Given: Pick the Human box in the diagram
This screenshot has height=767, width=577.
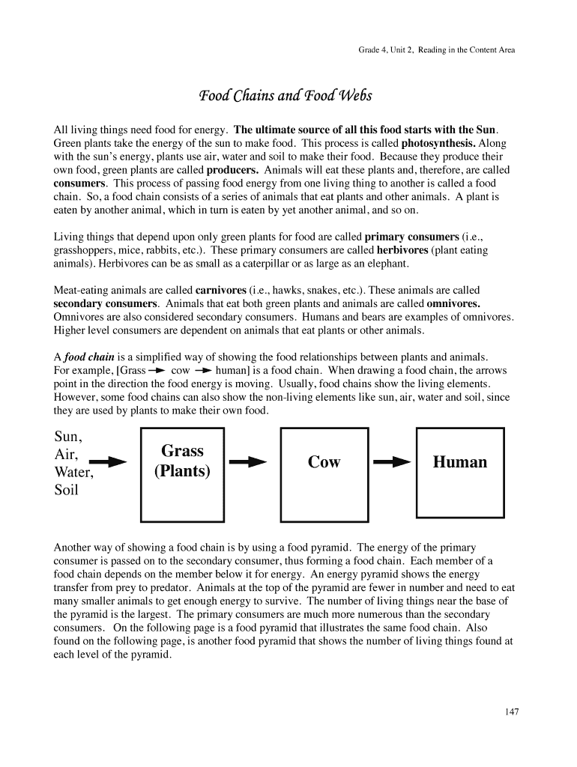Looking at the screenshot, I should click(x=459, y=462).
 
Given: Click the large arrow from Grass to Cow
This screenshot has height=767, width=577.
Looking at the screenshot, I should click(x=248, y=462).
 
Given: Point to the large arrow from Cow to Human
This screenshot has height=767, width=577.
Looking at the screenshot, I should click(x=392, y=462).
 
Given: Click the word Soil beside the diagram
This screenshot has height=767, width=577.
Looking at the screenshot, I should click(x=67, y=491).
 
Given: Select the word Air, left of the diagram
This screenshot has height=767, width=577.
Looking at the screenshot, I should click(x=66, y=455).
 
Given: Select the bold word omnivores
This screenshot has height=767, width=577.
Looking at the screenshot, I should click(x=453, y=303).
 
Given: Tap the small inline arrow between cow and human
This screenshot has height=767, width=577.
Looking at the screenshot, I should click(x=203, y=371).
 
